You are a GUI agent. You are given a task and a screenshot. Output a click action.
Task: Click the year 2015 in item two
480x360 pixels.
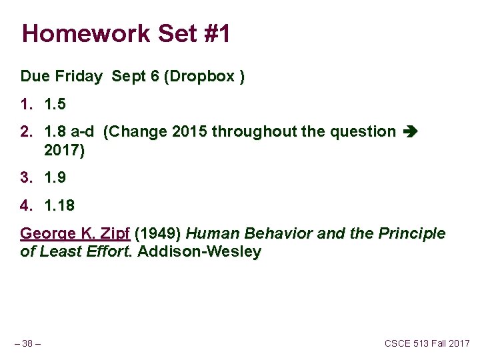point(189,132)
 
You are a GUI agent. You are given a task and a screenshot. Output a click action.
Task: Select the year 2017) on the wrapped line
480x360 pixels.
point(64,151)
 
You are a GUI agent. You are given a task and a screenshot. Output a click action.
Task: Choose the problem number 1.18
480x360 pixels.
point(59,206)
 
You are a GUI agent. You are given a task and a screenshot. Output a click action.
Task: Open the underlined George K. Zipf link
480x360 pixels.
point(75,234)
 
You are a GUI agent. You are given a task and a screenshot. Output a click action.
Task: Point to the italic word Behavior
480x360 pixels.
point(271,234)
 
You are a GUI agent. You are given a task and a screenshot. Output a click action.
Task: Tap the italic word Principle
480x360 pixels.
point(411,234)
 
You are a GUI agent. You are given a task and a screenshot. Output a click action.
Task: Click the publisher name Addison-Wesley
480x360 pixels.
point(199,252)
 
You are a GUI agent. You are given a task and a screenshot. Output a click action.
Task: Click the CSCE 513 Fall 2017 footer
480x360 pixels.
point(427,343)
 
